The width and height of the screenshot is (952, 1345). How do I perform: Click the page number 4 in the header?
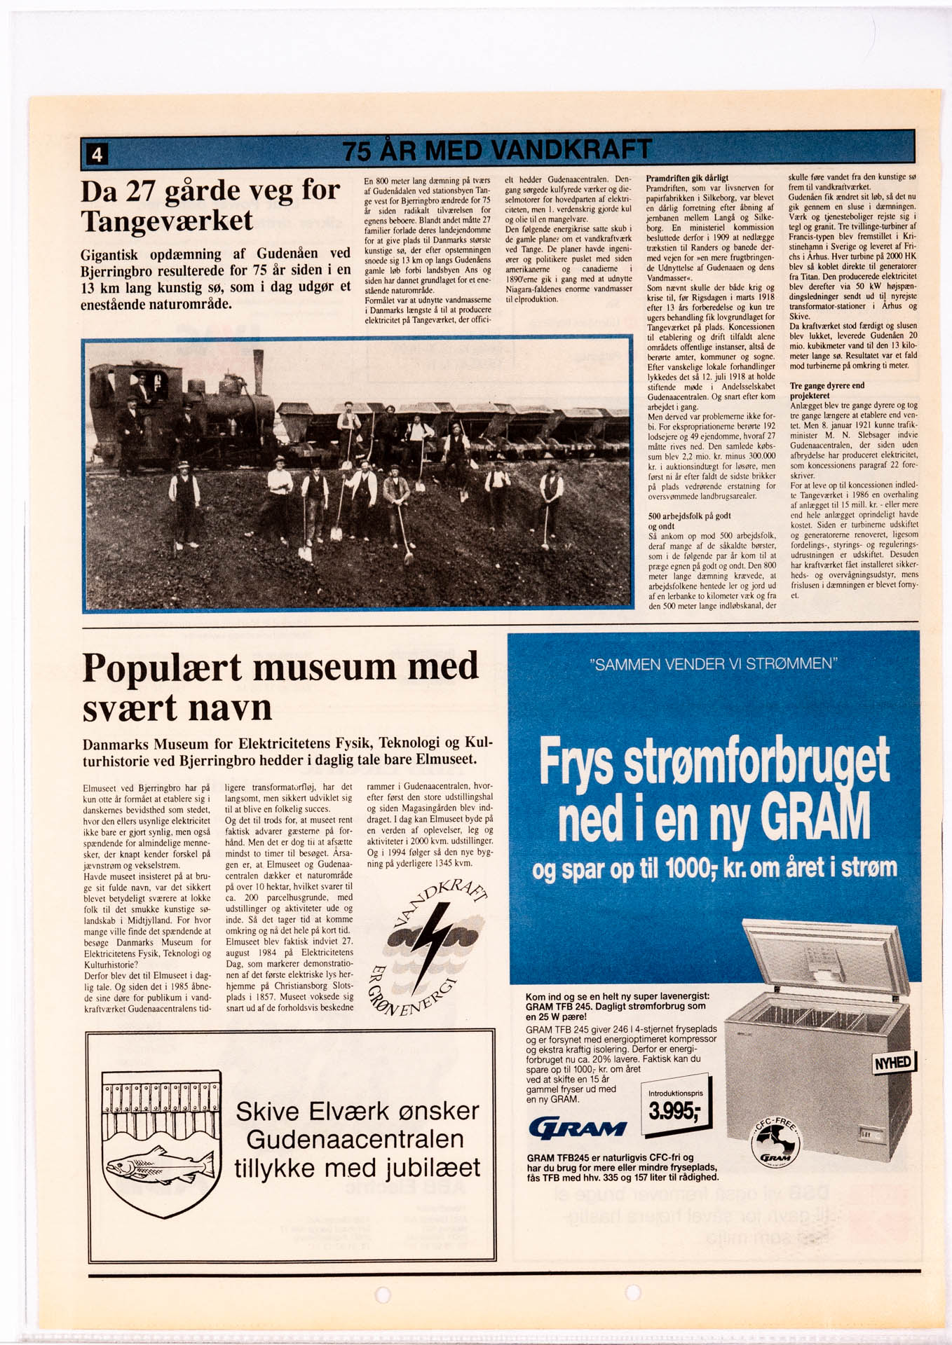pos(97,153)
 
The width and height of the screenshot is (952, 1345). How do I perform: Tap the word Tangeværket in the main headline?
pos(167,221)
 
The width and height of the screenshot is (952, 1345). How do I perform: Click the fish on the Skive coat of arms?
pos(161,1166)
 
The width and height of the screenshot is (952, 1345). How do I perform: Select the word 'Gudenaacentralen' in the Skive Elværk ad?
pos(355,1140)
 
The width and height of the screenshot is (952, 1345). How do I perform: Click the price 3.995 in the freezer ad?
pos(673,1111)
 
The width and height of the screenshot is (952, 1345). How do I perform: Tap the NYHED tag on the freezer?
pos(893,1063)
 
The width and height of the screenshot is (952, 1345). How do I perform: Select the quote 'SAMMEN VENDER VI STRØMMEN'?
pos(714,663)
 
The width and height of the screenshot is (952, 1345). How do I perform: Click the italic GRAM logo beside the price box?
pos(578,1128)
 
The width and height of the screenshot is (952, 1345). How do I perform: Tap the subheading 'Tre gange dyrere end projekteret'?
pos(827,390)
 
